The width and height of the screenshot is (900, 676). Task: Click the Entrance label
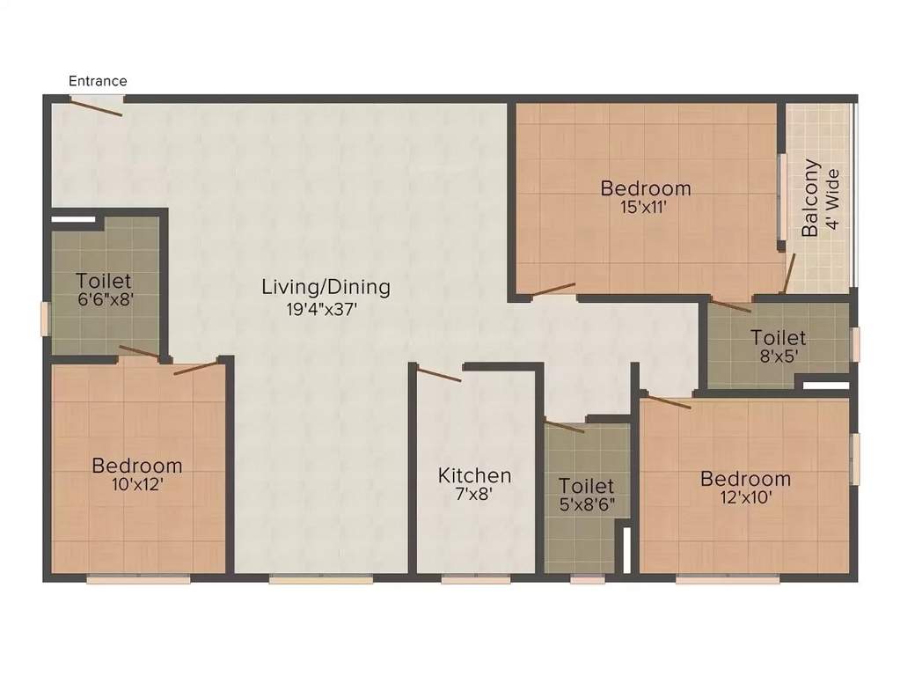click(98, 81)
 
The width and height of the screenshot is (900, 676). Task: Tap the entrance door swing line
click(97, 107)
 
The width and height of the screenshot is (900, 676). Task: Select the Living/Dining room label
click(326, 287)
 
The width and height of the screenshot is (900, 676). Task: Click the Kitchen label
click(475, 475)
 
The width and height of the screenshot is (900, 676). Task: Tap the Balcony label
click(810, 198)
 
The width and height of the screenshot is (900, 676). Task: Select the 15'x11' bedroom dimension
click(646, 208)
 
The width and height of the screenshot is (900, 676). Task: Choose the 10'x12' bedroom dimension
click(137, 484)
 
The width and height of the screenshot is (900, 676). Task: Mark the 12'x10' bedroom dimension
click(745, 498)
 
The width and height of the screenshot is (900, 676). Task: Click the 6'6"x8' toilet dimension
click(105, 300)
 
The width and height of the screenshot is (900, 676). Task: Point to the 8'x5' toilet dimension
click(778, 356)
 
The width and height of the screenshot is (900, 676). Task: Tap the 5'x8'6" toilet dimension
click(587, 505)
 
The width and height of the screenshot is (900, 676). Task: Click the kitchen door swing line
click(439, 376)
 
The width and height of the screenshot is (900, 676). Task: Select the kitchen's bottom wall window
click(476, 579)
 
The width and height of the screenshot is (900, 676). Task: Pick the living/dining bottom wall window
click(320, 579)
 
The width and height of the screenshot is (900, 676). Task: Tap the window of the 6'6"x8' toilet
click(46, 319)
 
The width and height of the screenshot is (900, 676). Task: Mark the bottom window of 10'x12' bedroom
click(138, 579)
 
